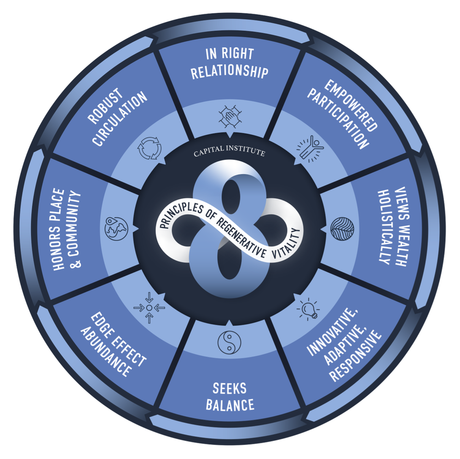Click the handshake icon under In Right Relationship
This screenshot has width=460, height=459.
230,117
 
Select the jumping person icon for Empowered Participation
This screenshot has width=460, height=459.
311,147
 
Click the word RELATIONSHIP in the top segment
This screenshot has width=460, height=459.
230,72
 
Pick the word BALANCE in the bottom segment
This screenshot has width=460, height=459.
230,405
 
